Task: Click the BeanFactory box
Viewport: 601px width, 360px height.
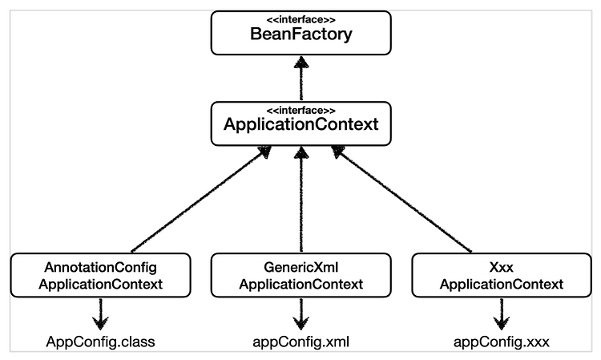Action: (x=300, y=33)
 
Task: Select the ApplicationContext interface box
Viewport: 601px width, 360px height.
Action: (x=300, y=123)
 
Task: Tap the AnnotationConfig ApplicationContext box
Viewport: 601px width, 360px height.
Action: (x=100, y=275)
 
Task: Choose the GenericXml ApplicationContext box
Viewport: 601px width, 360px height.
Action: (x=300, y=275)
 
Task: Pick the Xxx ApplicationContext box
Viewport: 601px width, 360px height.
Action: (x=502, y=275)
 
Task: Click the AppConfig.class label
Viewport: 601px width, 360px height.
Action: (x=100, y=342)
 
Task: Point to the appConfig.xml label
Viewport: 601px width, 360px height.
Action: (x=300, y=342)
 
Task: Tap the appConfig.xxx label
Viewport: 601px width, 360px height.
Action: (x=502, y=342)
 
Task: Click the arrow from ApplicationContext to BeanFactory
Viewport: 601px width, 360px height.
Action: (x=301, y=79)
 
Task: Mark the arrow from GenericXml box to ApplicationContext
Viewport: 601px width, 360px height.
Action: (x=301, y=199)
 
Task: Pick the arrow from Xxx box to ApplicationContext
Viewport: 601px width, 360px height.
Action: (x=401, y=199)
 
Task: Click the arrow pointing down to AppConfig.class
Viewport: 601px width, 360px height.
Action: (x=100, y=313)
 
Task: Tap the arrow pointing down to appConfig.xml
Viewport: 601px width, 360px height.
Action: (x=300, y=313)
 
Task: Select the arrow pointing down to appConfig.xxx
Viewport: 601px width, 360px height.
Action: (x=501, y=313)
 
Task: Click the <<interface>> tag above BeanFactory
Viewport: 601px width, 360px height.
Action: (x=300, y=20)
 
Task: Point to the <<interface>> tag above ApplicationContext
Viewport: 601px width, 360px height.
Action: (x=300, y=111)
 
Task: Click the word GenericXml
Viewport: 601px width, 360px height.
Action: (x=300, y=267)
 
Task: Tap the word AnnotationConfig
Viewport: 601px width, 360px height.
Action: (x=100, y=267)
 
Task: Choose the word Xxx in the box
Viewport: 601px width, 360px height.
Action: (x=502, y=267)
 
